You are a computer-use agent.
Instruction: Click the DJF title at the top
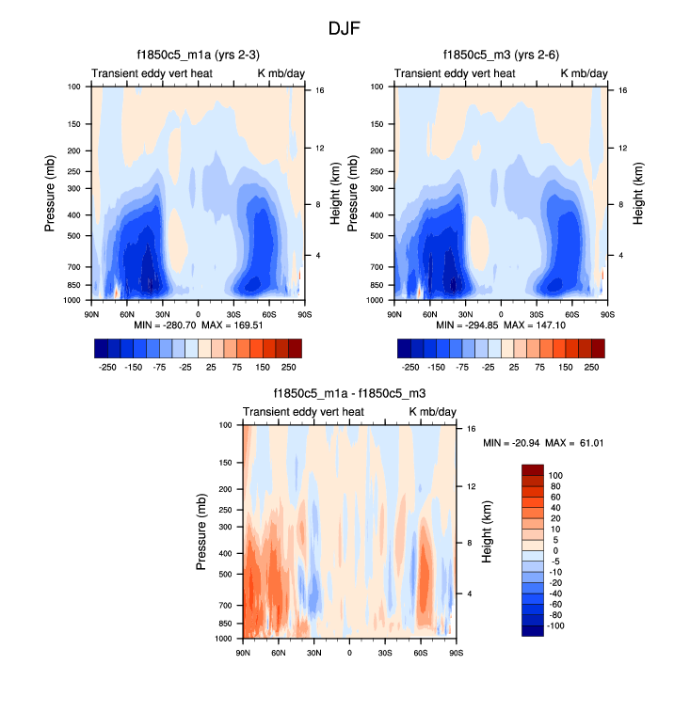(344, 29)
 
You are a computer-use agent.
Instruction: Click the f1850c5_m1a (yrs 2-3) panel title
(198, 55)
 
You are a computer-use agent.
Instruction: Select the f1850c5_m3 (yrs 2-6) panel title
(502, 55)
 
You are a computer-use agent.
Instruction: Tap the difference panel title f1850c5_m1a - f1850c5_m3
(349, 395)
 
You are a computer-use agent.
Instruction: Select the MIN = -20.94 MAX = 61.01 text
(543, 442)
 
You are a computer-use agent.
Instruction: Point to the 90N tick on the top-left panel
(93, 313)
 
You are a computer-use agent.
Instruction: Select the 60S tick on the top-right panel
(572, 313)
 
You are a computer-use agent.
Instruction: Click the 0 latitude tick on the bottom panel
(349, 652)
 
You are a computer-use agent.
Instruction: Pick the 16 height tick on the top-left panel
(319, 91)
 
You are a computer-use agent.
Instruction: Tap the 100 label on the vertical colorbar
(557, 476)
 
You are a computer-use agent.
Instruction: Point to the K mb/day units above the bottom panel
(434, 412)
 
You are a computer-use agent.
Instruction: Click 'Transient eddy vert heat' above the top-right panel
(455, 73)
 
